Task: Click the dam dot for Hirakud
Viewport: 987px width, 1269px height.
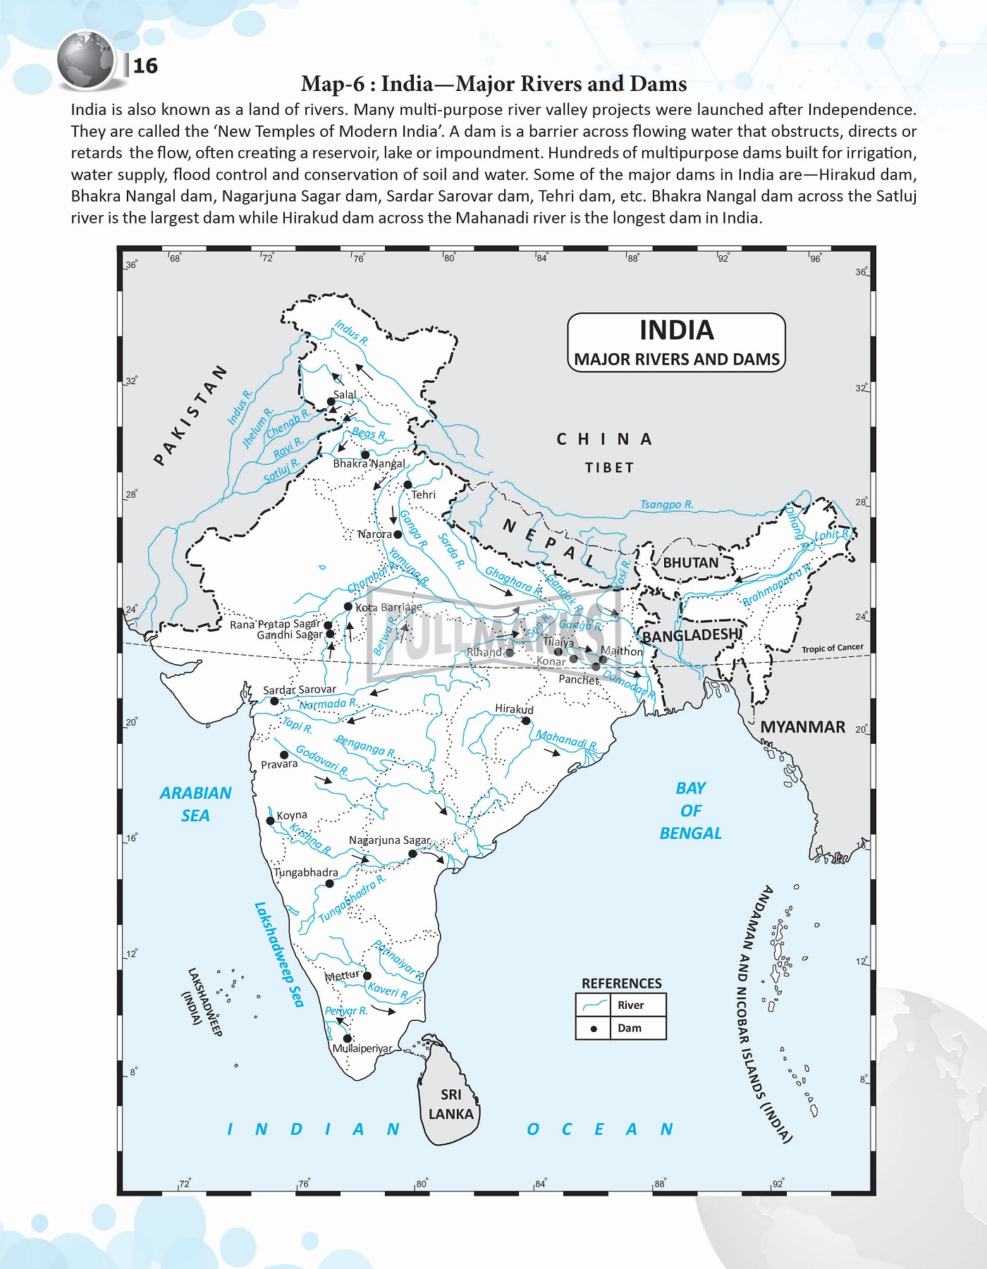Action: click(526, 721)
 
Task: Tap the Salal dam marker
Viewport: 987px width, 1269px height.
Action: click(331, 402)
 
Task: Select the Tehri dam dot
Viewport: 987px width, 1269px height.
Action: click(407, 485)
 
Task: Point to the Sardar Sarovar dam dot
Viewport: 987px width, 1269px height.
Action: click(274, 701)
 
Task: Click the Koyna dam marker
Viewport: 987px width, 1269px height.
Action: click(270, 821)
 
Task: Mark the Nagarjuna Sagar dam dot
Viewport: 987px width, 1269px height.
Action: click(413, 854)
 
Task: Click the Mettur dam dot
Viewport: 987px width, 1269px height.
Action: click(367, 976)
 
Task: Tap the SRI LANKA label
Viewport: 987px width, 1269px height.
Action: click(451, 1104)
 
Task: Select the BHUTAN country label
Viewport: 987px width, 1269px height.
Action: click(690, 563)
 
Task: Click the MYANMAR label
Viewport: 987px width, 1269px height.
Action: click(802, 727)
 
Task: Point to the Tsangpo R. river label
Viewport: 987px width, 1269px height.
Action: click(666, 505)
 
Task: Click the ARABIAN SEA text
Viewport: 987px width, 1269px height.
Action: click(195, 804)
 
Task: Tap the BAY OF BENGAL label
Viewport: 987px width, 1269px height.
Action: click(690, 810)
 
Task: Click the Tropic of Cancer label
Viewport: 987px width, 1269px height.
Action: click(832, 648)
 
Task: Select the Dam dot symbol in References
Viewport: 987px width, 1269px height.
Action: click(594, 1029)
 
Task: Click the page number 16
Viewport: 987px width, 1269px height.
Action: click(145, 66)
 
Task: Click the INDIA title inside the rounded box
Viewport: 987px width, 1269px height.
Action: click(676, 330)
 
